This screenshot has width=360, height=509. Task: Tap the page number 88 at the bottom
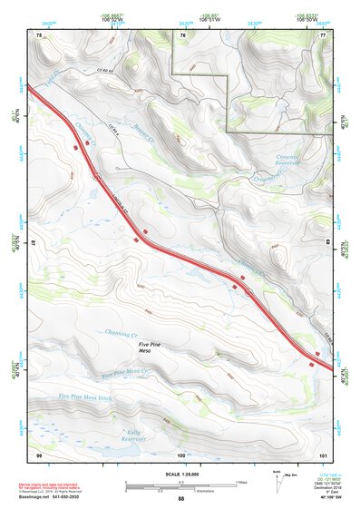coord(180,499)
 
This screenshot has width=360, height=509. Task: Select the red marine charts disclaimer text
coord(55,485)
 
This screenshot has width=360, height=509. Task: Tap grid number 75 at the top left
coord(39,34)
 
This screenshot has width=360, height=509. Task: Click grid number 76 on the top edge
coord(182,34)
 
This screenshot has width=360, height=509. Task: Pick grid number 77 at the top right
coord(323,34)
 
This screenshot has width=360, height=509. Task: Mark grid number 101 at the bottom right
coord(323,455)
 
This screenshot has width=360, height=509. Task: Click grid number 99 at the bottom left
coord(39,455)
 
